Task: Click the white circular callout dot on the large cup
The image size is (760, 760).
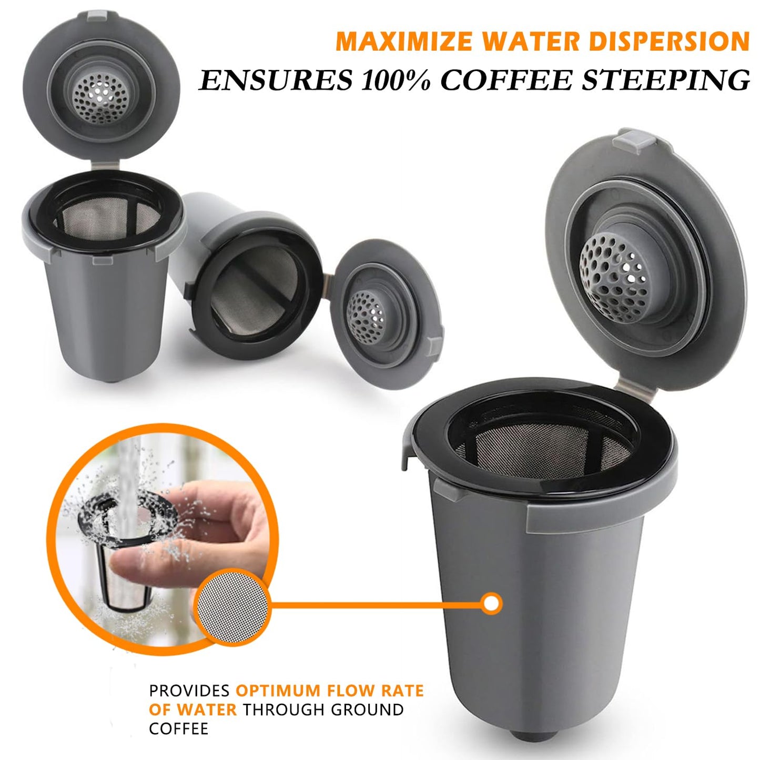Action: pyautogui.click(x=492, y=603)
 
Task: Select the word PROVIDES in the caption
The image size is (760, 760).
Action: pyautogui.click(x=189, y=691)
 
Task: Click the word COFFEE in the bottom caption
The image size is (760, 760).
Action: pyautogui.click(x=179, y=729)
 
